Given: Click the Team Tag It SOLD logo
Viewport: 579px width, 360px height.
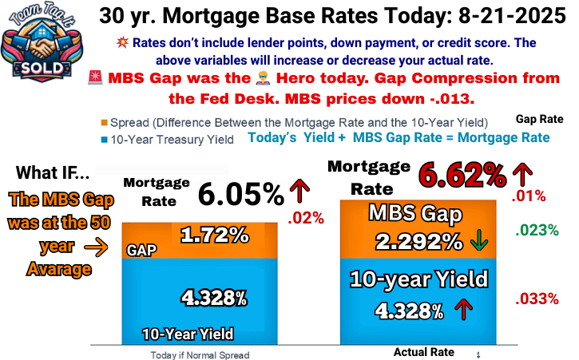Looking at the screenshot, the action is (x=42, y=42).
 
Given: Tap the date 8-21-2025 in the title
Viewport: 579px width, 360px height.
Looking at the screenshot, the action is (x=512, y=16).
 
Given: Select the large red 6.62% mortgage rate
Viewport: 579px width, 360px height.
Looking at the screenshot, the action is (x=462, y=175).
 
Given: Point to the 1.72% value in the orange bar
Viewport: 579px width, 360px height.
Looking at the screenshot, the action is (x=215, y=235).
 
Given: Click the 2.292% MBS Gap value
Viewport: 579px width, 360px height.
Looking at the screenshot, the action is (x=418, y=242).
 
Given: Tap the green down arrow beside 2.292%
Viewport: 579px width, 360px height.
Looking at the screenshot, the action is (x=479, y=240).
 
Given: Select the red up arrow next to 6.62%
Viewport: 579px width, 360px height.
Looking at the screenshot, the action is (x=522, y=175).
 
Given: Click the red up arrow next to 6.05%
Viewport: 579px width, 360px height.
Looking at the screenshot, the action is (x=299, y=191).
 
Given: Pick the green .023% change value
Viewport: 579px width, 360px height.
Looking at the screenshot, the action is (x=537, y=231).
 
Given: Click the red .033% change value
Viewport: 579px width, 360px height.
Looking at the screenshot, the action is (x=537, y=299).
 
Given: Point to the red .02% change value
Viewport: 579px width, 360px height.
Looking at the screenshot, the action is (x=306, y=218).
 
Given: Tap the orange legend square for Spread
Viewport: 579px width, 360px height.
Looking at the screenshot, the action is (x=105, y=122).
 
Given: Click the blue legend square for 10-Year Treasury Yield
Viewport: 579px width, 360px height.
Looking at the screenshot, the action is (x=105, y=140).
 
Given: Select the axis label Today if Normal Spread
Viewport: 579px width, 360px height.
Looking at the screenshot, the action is (x=200, y=355).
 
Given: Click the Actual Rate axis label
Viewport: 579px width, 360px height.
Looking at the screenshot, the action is (x=424, y=352).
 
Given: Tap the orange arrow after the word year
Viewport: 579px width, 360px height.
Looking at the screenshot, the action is (x=96, y=247).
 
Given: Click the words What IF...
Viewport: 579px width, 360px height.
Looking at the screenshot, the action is (x=53, y=172).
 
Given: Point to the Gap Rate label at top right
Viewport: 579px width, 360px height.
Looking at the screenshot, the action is (x=540, y=119).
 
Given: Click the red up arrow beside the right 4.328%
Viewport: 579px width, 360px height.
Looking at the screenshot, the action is (x=464, y=309).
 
